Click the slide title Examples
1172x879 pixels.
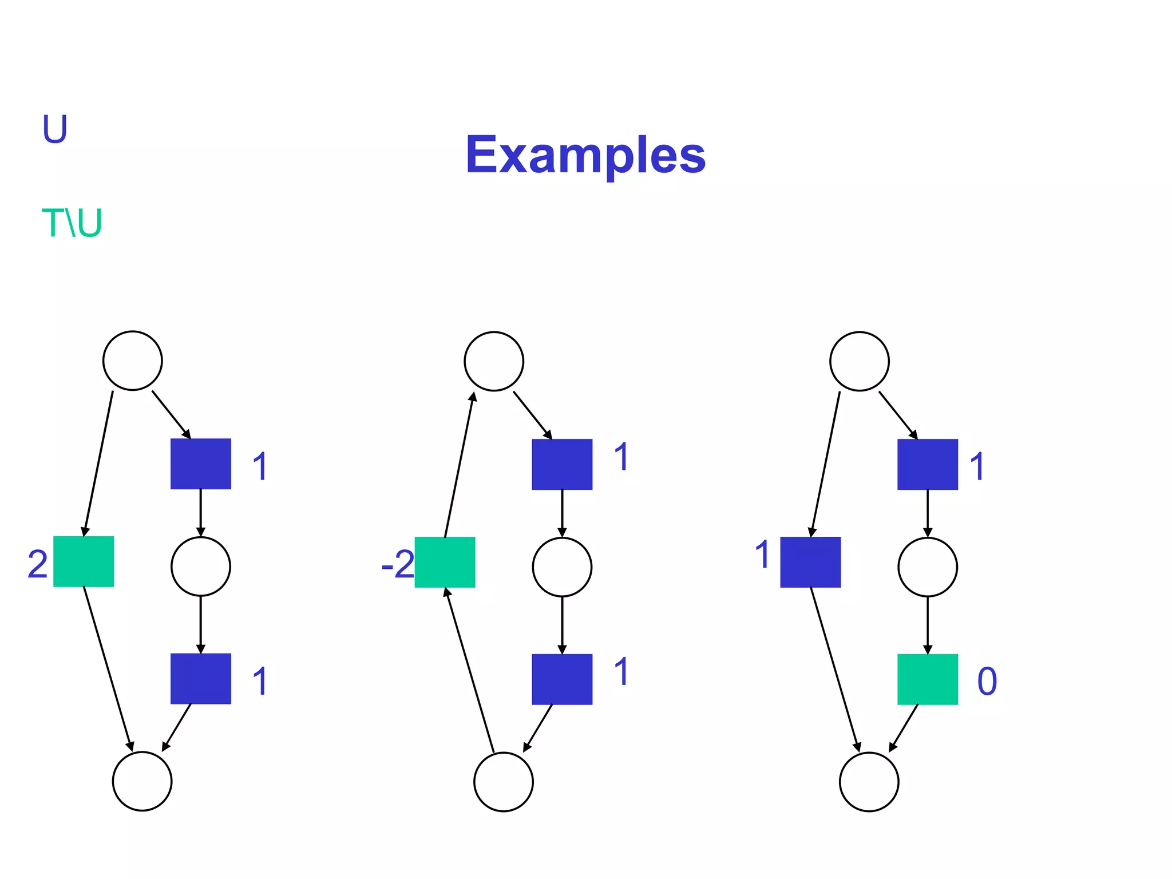585,155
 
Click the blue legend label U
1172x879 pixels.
55,129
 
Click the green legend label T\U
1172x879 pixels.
72,223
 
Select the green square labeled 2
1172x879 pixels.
84,561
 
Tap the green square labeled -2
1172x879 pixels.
445,562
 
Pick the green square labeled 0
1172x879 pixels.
927,679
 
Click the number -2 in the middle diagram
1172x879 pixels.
398,565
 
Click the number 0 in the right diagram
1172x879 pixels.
987,681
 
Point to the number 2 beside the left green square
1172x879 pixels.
38,564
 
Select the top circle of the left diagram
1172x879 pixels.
133,361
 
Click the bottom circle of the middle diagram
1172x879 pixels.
504,782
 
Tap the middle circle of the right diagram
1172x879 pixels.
927,567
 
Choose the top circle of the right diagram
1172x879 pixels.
859,361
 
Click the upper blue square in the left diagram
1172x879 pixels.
201,464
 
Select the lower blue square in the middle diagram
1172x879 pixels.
562,679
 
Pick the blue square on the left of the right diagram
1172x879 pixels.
810,562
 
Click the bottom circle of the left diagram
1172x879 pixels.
142,781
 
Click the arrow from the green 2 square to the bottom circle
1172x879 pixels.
108,670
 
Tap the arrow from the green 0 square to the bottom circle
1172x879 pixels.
904,728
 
